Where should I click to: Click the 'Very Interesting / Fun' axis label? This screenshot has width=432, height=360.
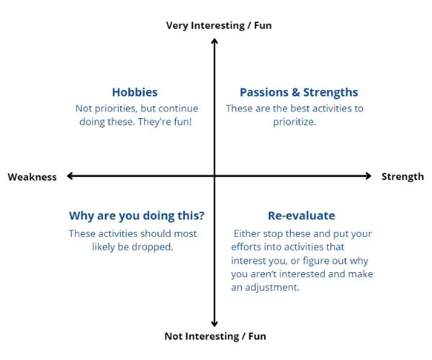219,25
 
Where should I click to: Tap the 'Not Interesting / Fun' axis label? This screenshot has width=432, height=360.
215,336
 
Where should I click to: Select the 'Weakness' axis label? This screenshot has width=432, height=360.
32,177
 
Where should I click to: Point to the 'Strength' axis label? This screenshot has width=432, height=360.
402,177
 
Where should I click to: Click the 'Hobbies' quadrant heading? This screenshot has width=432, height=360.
135,92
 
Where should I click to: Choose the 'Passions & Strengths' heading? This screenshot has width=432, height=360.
299,93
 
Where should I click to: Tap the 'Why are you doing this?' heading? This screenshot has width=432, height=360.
137,216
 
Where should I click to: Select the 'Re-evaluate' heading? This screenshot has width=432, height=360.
302,216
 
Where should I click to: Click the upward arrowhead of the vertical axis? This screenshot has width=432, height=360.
215,41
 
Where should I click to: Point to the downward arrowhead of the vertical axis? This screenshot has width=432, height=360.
215,324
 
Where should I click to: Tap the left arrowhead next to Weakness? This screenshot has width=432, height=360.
70,176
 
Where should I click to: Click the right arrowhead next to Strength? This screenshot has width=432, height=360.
369,176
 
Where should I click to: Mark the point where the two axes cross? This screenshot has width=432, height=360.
215,176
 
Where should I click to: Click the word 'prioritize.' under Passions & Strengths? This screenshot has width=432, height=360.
294,122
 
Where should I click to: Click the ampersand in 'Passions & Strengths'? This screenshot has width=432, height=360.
296,92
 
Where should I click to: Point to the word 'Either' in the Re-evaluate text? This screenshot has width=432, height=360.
247,233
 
